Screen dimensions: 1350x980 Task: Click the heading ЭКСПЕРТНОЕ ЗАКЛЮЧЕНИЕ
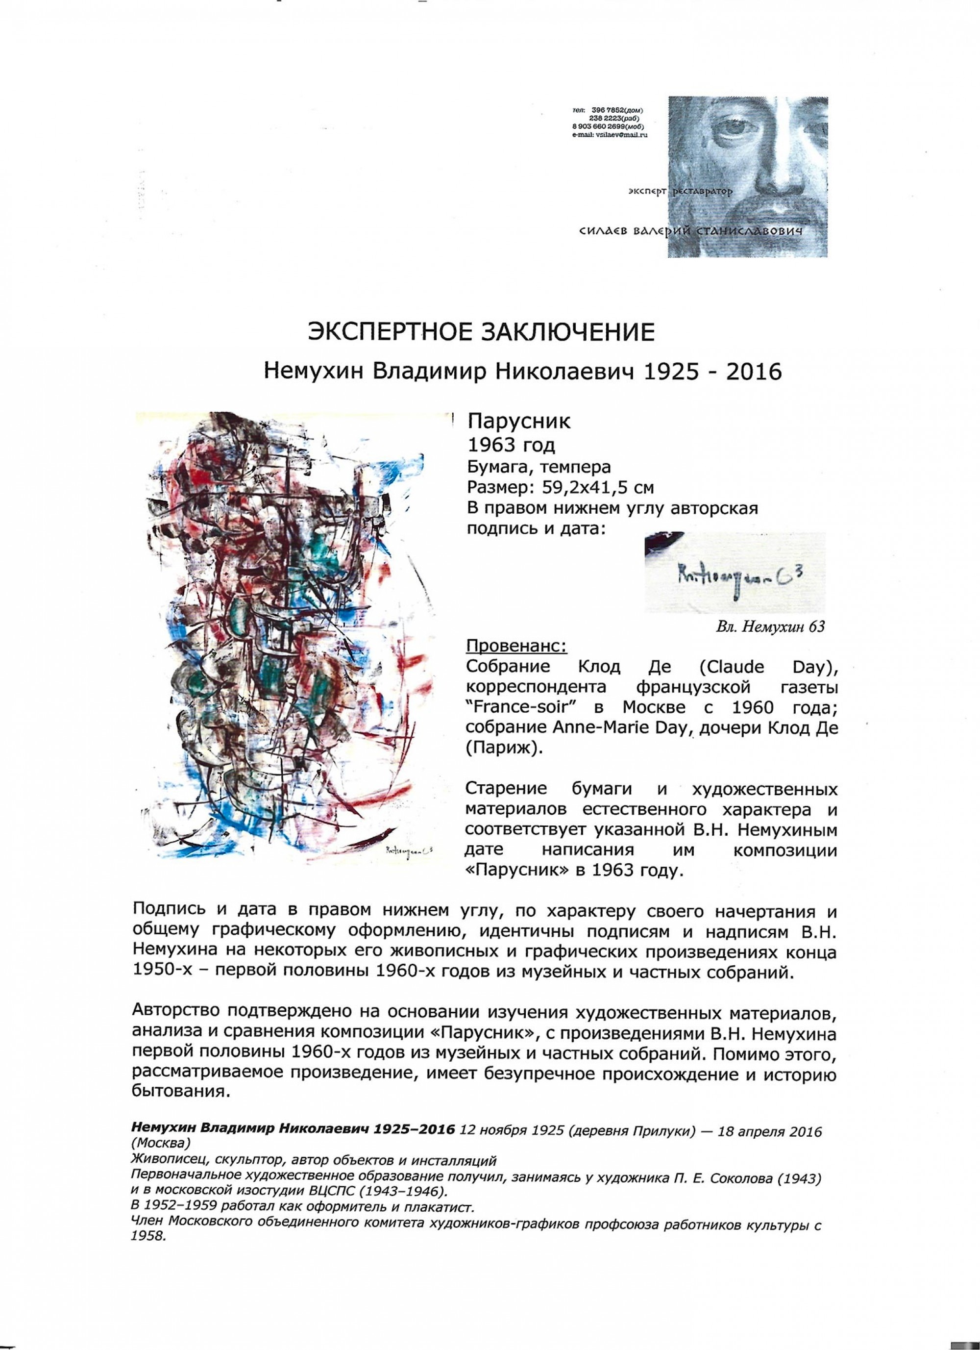[481, 331]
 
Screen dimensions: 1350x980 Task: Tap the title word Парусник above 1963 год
[519, 422]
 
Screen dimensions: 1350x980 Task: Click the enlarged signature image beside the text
[735, 573]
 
